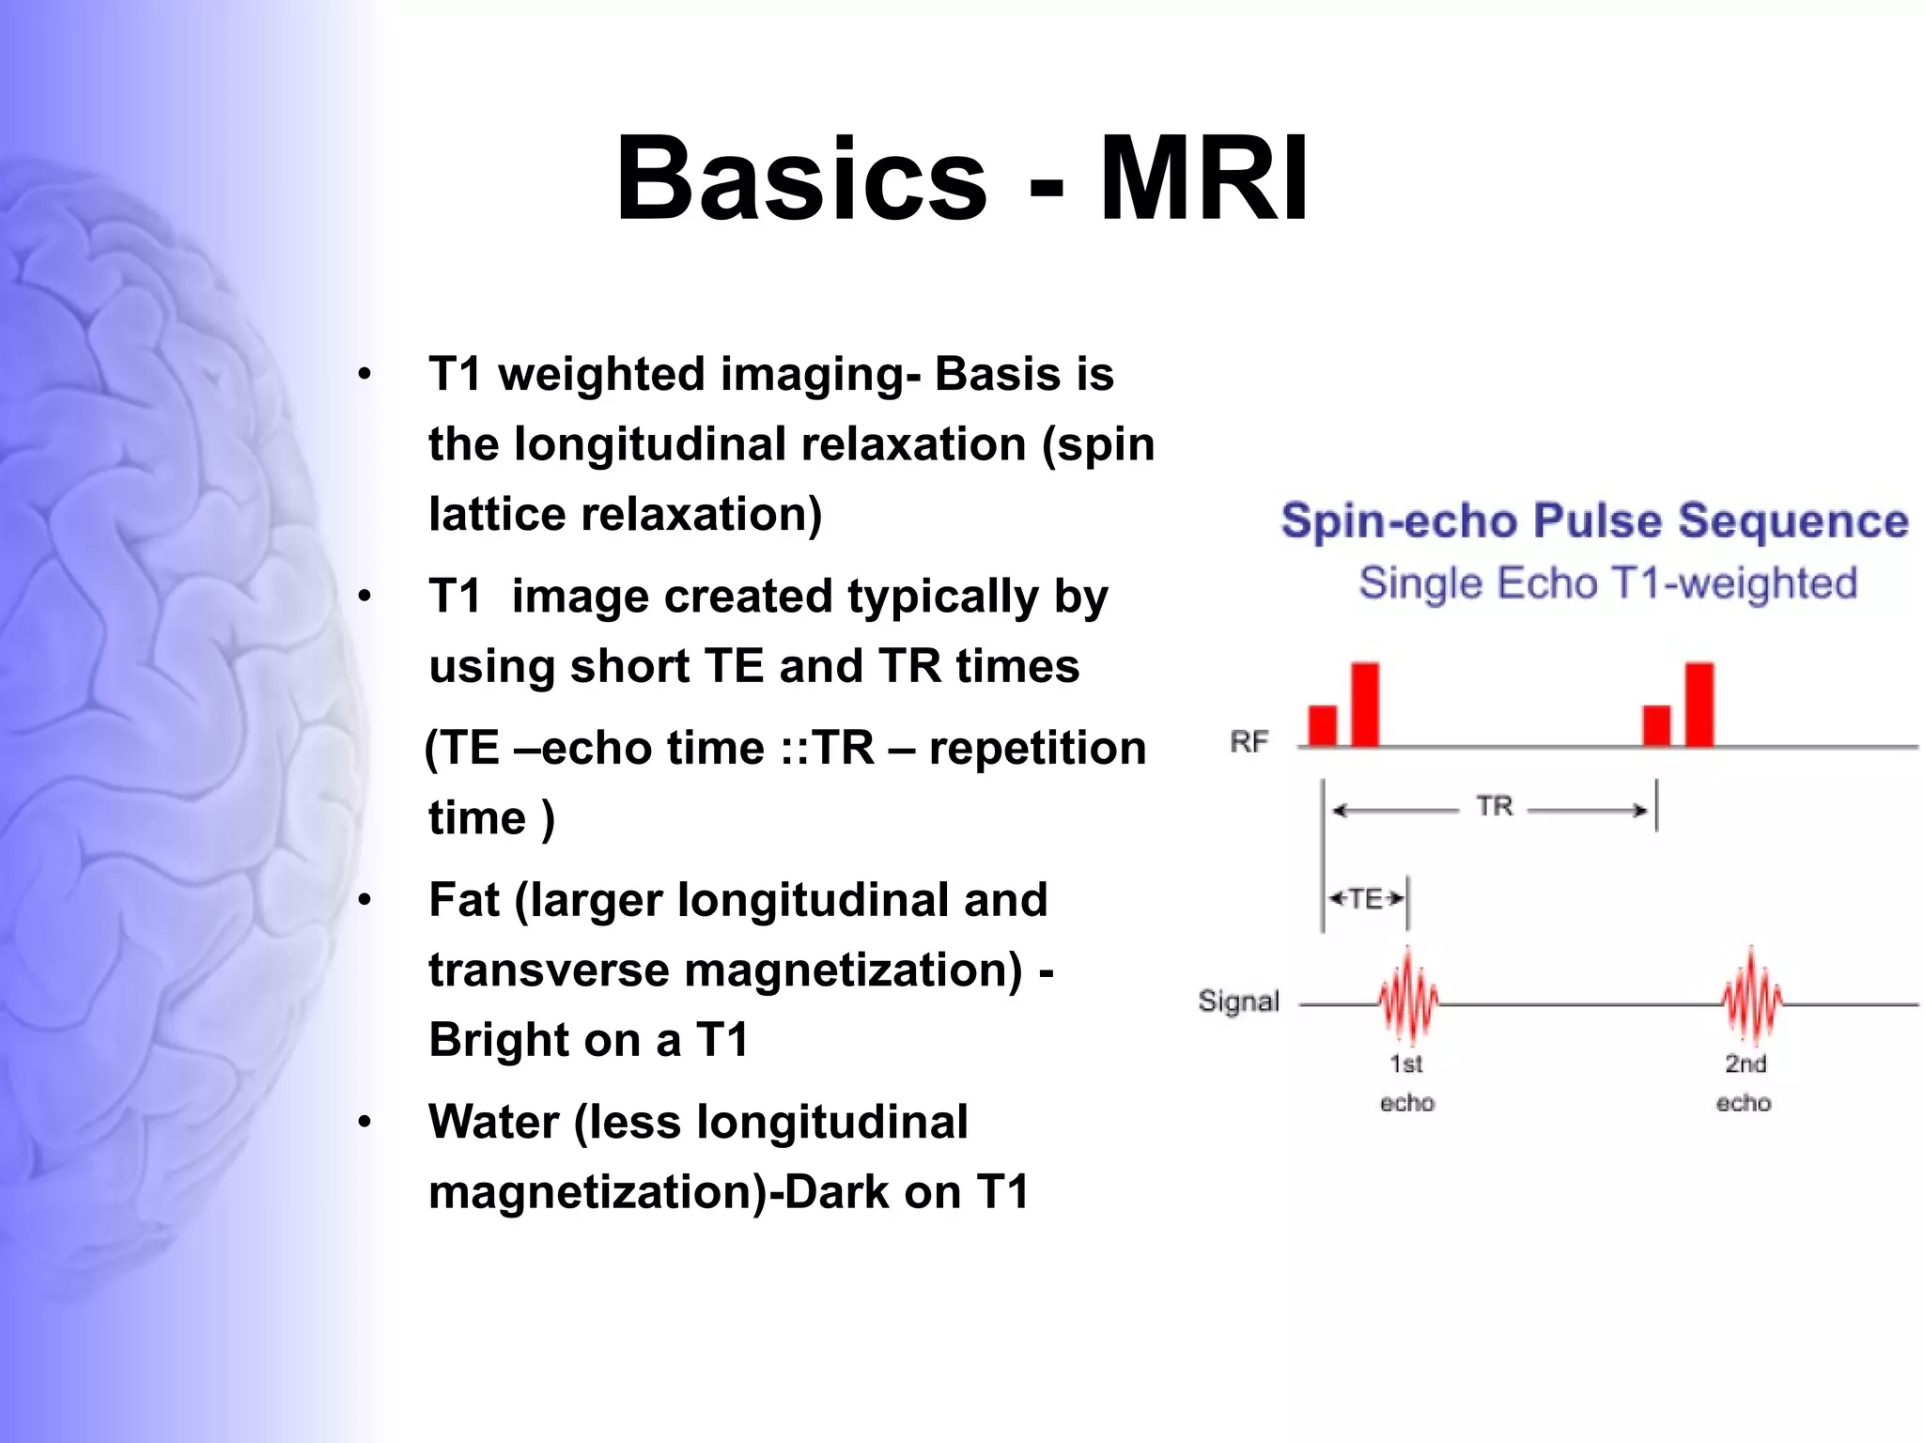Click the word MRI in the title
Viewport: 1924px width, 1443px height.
(x=1203, y=178)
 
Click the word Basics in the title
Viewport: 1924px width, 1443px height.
(x=800, y=178)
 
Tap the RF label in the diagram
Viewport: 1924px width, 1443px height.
(x=1249, y=742)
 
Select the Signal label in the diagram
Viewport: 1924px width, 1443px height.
(x=1238, y=1001)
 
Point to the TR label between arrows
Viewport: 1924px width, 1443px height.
(x=1494, y=806)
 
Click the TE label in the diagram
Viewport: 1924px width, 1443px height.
(x=1366, y=899)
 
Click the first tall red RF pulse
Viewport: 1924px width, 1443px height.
(x=1365, y=705)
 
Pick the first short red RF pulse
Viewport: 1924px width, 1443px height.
(x=1322, y=725)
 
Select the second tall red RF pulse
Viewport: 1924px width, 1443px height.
(x=1699, y=705)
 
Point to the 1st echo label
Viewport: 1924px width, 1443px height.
(x=1406, y=1082)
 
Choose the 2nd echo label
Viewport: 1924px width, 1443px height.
(x=1745, y=1082)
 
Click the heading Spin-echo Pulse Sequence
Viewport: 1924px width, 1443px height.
(x=1594, y=520)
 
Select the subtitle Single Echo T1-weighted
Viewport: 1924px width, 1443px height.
(x=1607, y=582)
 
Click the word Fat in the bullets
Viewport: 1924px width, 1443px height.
(x=464, y=899)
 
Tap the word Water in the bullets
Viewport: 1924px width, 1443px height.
(x=493, y=1122)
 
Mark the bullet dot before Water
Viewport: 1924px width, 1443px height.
(x=365, y=1122)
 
